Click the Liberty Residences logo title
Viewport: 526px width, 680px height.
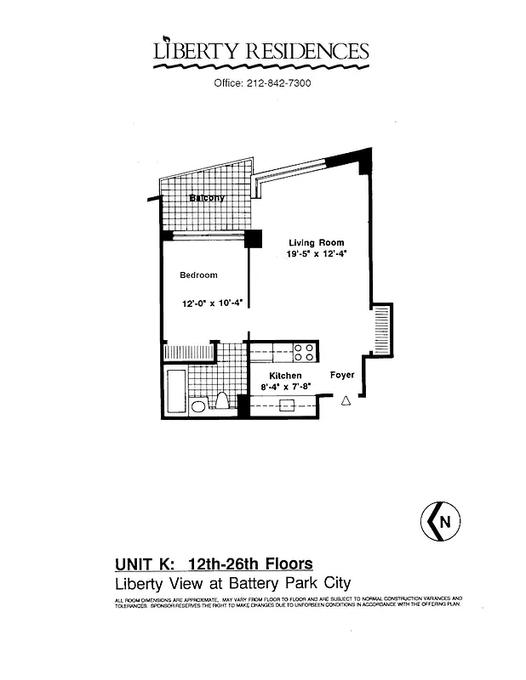pyautogui.click(x=261, y=52)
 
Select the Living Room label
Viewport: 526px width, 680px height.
pyautogui.click(x=316, y=242)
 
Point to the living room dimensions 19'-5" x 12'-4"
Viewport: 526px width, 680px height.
pyautogui.click(x=317, y=254)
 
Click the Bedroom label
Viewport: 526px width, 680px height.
pyautogui.click(x=198, y=275)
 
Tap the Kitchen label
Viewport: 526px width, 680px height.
pyautogui.click(x=285, y=376)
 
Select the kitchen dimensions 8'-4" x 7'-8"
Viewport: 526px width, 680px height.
pyautogui.click(x=286, y=388)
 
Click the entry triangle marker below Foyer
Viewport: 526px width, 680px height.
pyautogui.click(x=346, y=401)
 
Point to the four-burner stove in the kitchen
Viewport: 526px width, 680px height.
pyautogui.click(x=304, y=351)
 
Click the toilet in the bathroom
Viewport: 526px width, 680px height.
pyautogui.click(x=222, y=401)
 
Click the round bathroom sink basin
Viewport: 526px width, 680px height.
pyautogui.click(x=197, y=406)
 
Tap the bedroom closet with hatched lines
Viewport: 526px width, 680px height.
pyautogui.click(x=187, y=352)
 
